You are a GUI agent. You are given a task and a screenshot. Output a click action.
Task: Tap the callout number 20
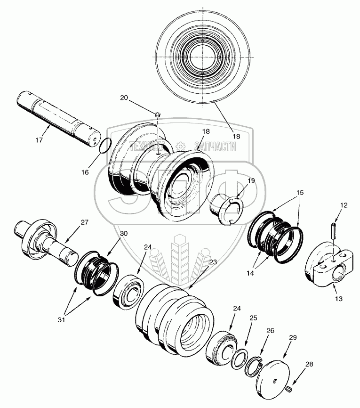pyautogui.click(x=124, y=98)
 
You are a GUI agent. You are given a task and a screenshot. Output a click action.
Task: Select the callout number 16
pyautogui.click(x=85, y=172)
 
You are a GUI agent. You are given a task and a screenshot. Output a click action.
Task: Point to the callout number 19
pyautogui.click(x=251, y=180)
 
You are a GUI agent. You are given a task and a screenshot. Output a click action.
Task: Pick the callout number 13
pyautogui.click(x=339, y=298)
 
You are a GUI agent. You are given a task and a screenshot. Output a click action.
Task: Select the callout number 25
pyautogui.click(x=253, y=318)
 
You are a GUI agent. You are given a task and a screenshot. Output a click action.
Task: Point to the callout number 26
pyautogui.click(x=270, y=330)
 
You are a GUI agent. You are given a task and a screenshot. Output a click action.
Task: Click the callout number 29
pyautogui.click(x=292, y=338)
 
